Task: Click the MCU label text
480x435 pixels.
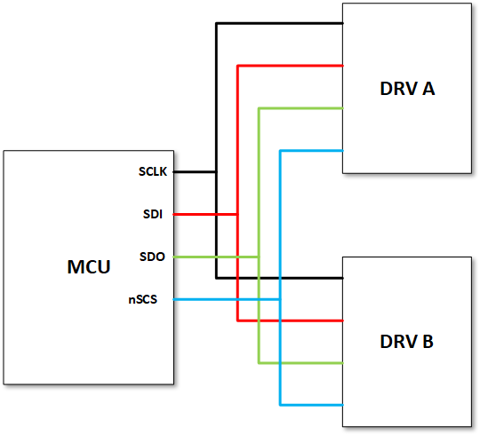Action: point(88,267)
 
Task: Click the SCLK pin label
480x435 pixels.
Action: point(153,171)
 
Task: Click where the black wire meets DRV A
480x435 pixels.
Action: point(343,23)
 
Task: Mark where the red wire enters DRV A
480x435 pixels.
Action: point(343,65)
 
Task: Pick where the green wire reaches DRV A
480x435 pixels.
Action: point(343,107)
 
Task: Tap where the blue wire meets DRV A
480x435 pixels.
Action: point(343,150)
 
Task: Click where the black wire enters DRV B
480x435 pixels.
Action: point(343,277)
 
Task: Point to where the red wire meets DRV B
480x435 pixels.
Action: point(343,320)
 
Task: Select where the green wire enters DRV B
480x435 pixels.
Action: point(343,362)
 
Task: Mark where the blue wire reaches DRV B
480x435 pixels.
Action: point(343,405)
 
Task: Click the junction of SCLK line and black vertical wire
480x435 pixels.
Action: point(216,171)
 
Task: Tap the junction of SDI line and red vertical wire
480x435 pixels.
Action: point(237,214)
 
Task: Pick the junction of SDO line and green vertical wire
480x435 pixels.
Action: point(259,257)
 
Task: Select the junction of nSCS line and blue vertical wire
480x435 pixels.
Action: point(280,299)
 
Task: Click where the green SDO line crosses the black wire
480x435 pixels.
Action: point(216,257)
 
